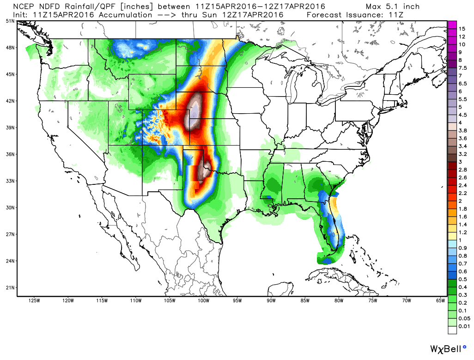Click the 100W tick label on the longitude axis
pyautogui.click(x=203, y=301)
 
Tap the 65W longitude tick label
pyautogui.click(x=440, y=301)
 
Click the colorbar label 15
pyautogui.click(x=461, y=29)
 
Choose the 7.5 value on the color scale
pyautogui.click(x=462, y=67)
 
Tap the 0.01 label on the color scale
pyautogui.click(x=464, y=326)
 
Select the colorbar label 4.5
pyautogui.click(x=462, y=115)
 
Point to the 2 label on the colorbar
pyautogui.click(x=460, y=201)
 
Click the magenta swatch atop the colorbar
pyautogui.click(x=452, y=24)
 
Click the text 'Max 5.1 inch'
pyautogui.click(x=393, y=6)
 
